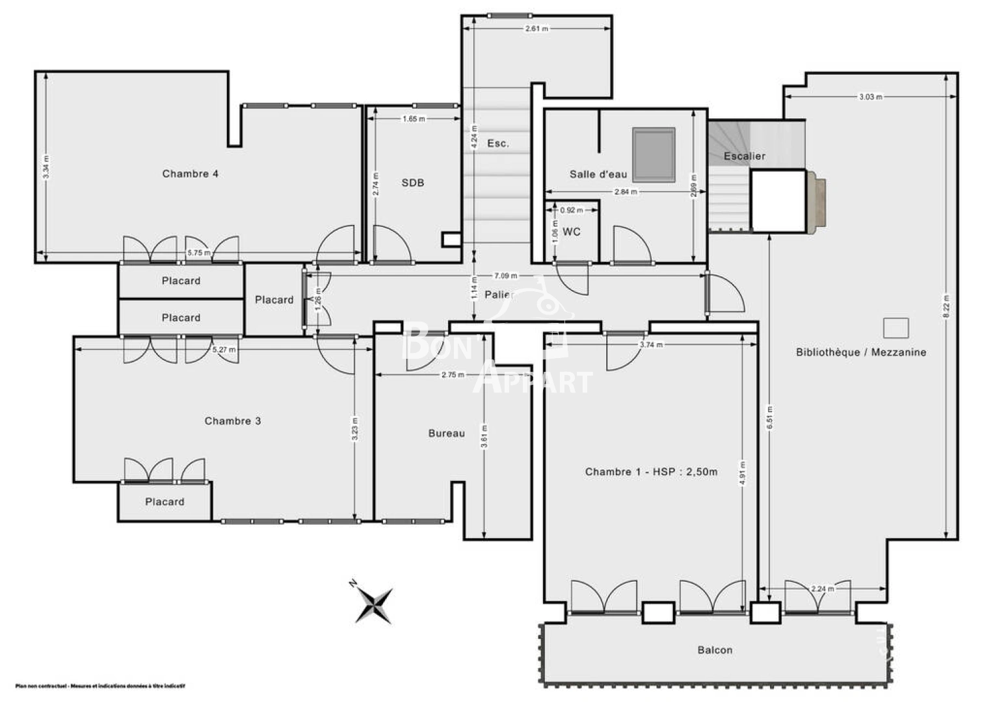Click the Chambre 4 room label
point(190,174)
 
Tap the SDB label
point(413,183)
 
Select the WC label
point(572,232)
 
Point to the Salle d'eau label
point(598,174)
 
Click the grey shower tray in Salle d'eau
point(654,155)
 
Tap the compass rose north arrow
point(374,605)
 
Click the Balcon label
point(715,650)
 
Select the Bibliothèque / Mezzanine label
point(861,352)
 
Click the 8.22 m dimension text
point(946,306)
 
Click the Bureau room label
point(447,434)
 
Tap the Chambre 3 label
point(233,421)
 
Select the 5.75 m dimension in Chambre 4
point(199,253)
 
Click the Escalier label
point(745,156)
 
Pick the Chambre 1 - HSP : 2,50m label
point(651,472)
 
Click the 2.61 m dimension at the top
point(536,29)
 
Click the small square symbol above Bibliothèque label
point(895,328)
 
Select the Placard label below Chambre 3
point(165,502)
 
